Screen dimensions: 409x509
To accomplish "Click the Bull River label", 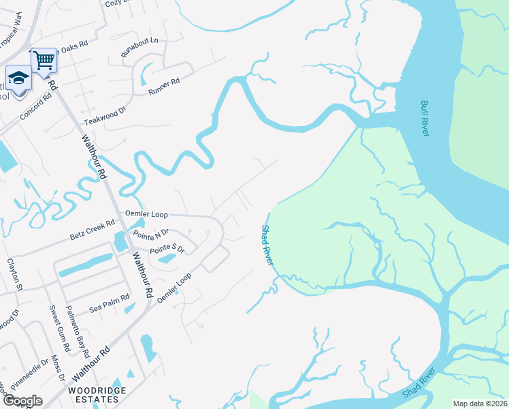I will [x=425, y=119].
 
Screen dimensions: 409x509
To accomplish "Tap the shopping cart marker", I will [x=44, y=59].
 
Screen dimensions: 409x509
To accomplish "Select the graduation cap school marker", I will [x=19, y=77].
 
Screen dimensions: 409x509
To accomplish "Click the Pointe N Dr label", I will [x=151, y=234].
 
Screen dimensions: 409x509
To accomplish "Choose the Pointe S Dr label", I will [x=167, y=249].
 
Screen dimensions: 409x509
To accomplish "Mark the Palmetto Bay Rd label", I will [x=78, y=332].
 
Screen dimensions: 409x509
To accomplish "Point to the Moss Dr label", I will [x=59, y=368].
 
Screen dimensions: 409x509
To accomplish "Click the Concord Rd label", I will [x=35, y=106].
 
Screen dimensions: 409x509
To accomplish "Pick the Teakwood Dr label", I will [x=105, y=115].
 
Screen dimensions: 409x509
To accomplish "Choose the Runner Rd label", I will [x=164, y=87].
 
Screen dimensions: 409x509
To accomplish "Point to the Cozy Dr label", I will [x=118, y=3].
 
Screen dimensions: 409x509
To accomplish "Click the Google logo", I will [x=22, y=401].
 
